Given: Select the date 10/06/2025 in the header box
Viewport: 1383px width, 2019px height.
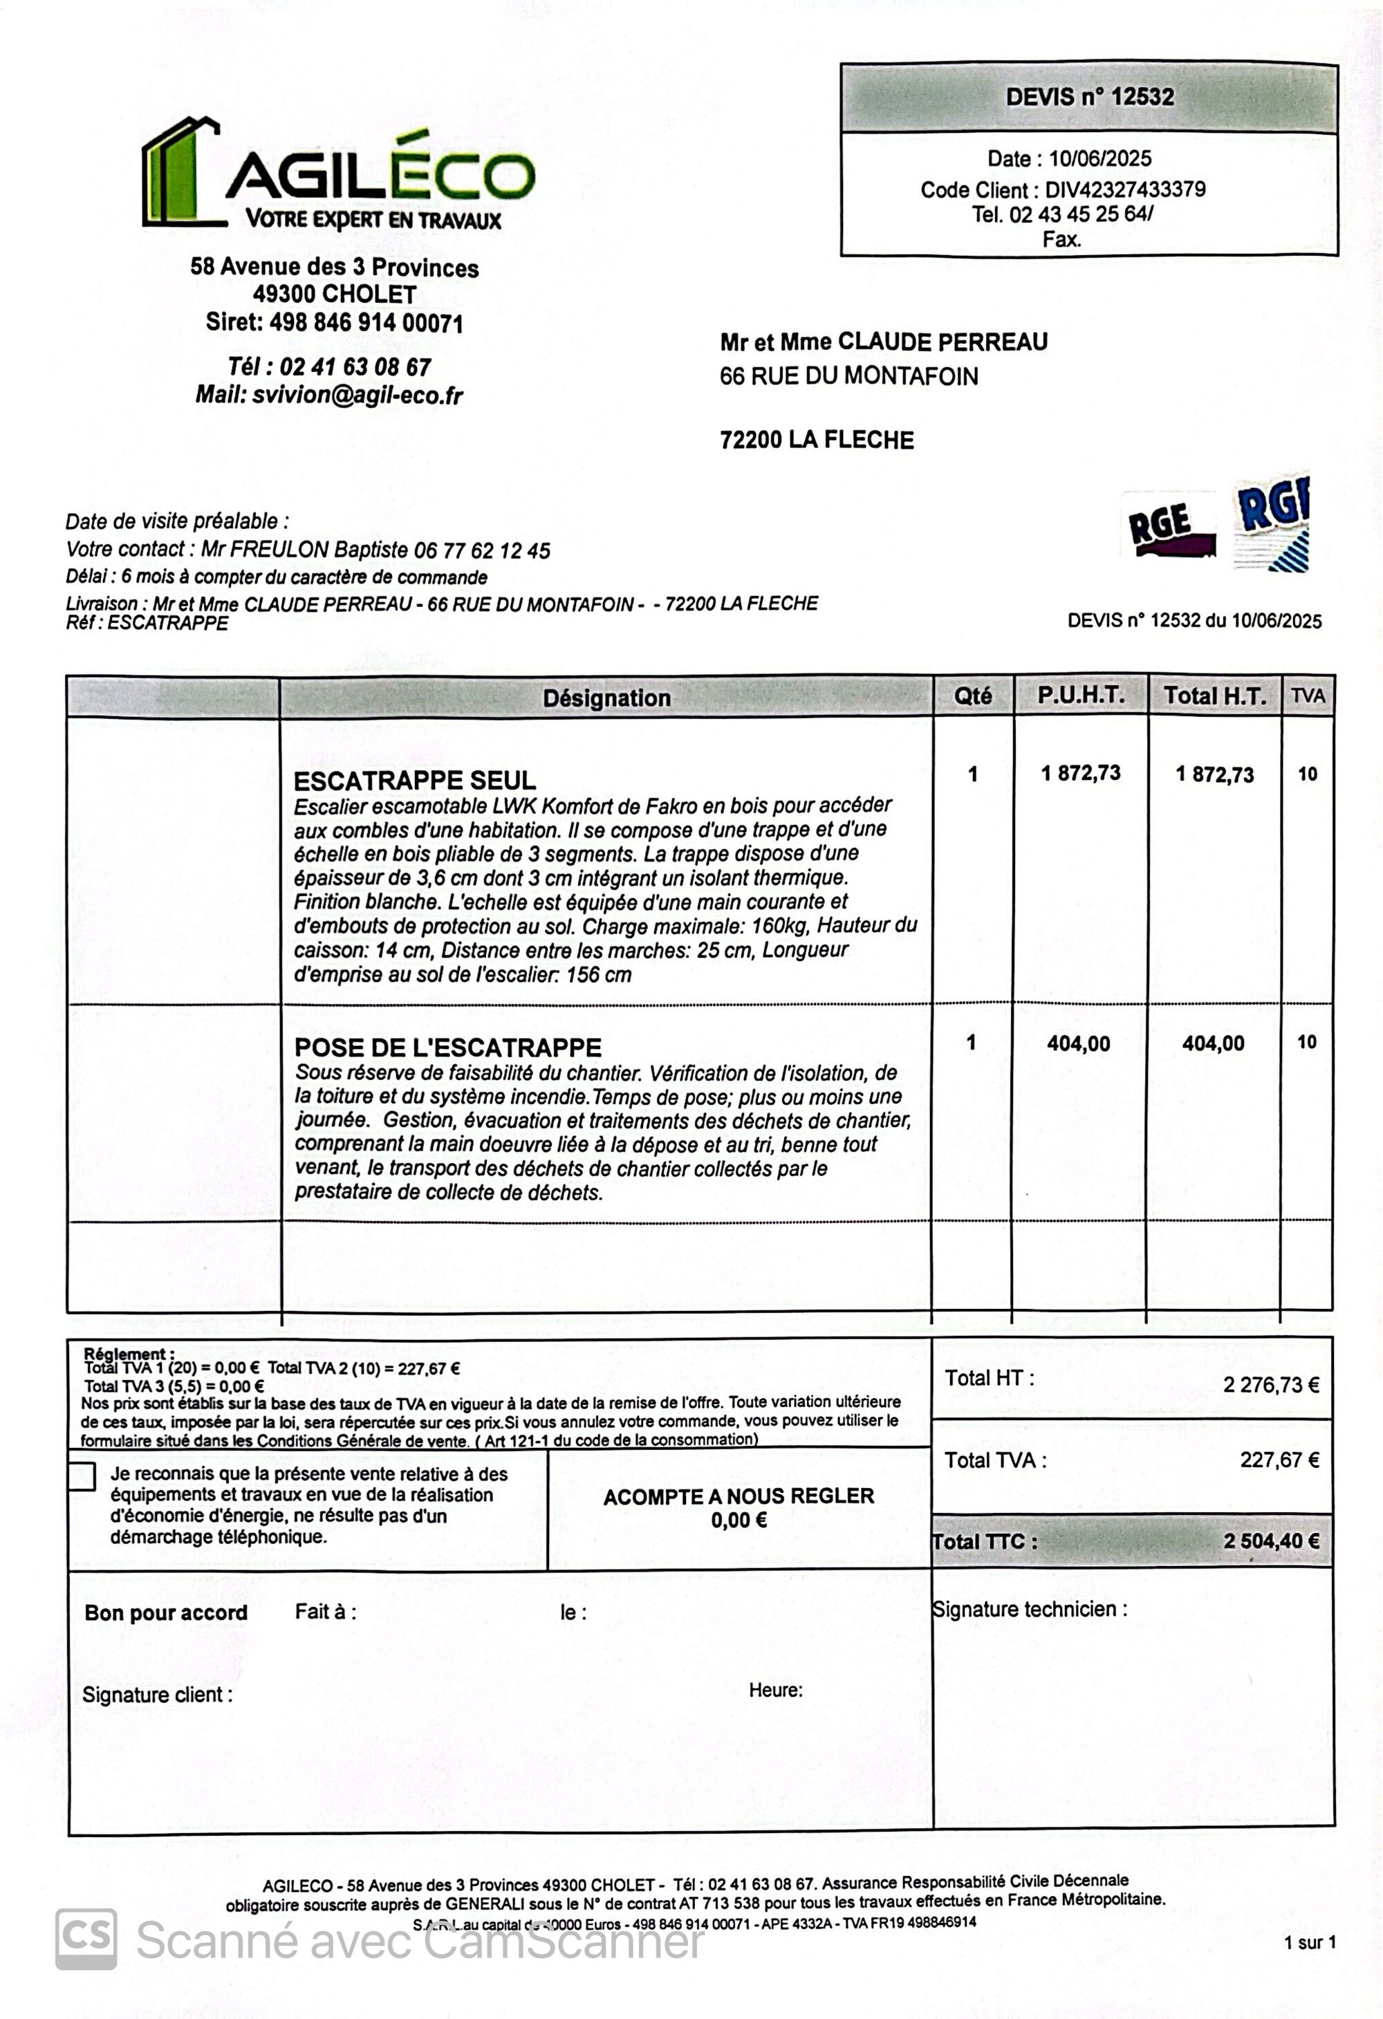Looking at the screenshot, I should (x=1099, y=159).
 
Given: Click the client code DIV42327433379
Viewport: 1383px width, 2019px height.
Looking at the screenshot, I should (x=1125, y=189).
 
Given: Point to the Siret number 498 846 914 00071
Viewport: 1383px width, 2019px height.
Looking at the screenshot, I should (x=366, y=323).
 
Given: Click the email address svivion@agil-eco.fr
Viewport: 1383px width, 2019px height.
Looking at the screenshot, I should (x=357, y=396).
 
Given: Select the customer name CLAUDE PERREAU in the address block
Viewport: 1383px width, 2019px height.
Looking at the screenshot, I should (x=943, y=342).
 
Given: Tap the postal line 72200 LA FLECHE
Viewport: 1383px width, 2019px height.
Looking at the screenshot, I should (x=817, y=440).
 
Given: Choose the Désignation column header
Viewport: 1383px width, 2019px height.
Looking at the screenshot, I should (x=606, y=698).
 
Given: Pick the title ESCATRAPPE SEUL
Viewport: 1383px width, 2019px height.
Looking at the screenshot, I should (x=414, y=780).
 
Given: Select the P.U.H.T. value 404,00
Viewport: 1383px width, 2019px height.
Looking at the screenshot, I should (x=1078, y=1043).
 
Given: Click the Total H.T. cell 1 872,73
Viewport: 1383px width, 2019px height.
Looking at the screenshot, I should (x=1214, y=775).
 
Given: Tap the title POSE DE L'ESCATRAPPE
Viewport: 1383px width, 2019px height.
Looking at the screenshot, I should (x=447, y=1048).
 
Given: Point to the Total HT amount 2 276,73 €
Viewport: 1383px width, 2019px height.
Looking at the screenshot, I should (x=1270, y=1385).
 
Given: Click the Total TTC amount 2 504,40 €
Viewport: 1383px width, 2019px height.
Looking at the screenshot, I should (x=1270, y=1541).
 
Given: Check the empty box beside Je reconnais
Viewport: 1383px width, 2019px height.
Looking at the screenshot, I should (x=82, y=1477).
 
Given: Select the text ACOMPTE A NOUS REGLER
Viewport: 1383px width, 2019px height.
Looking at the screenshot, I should (x=739, y=1497).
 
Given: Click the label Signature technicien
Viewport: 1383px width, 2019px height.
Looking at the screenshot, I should (x=1030, y=1609).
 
